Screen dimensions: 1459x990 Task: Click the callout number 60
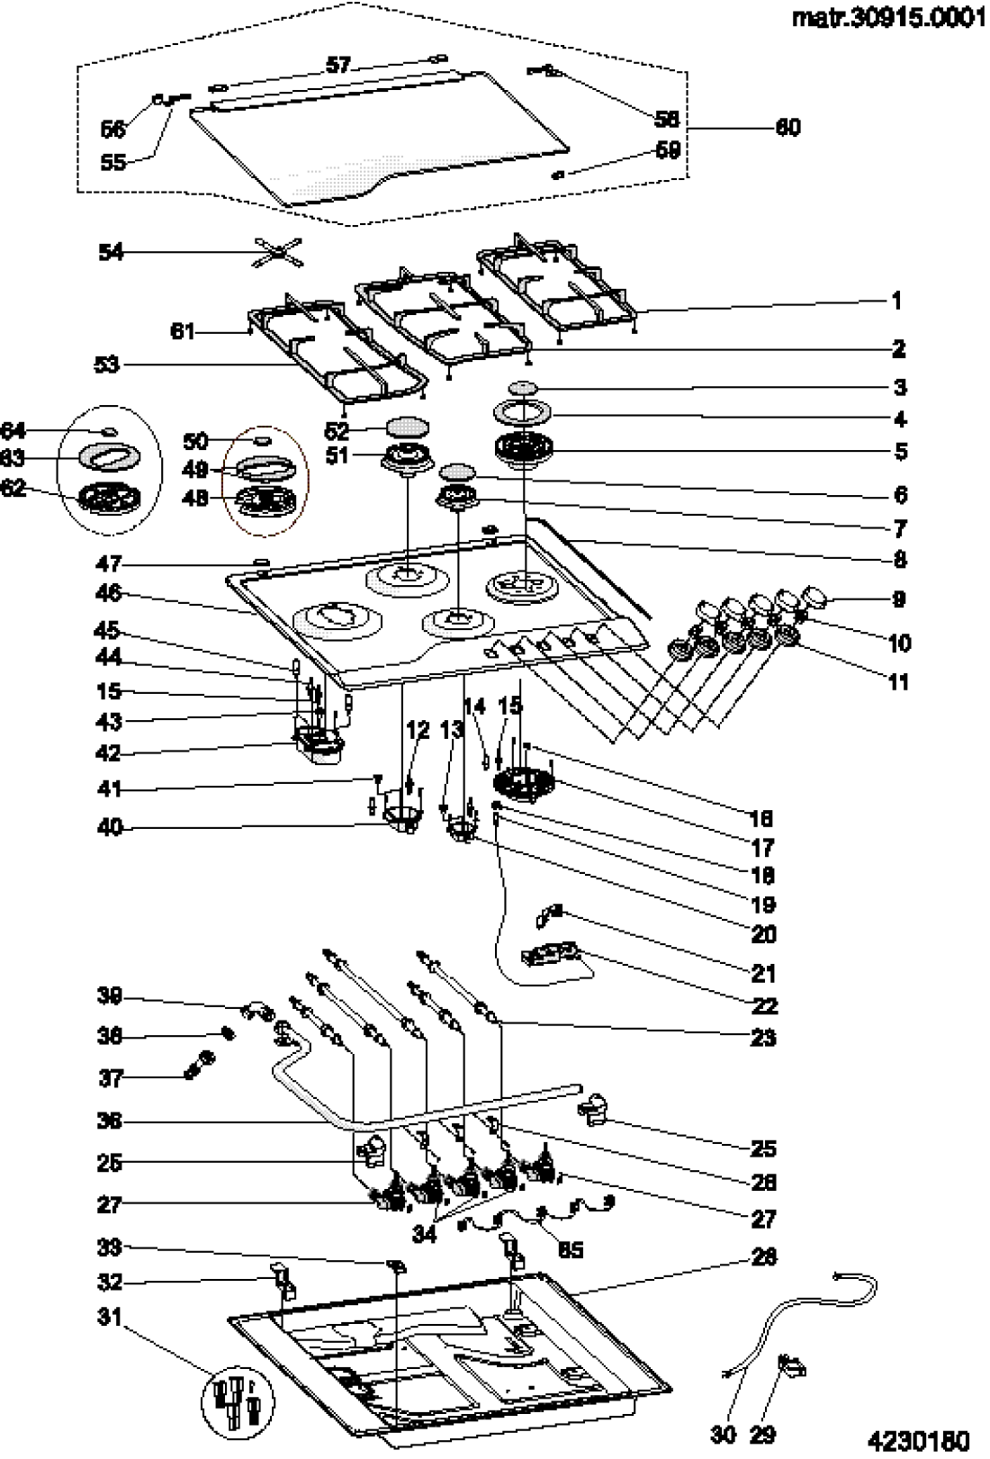(x=787, y=128)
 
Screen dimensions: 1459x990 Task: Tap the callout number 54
(x=111, y=253)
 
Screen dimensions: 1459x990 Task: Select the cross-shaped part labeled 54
(x=279, y=255)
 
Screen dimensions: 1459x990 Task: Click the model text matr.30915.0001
(x=884, y=19)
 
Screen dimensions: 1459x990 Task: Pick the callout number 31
(x=109, y=1317)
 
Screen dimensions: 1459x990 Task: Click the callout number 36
(x=109, y=1121)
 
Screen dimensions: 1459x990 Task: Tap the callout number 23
(x=762, y=1038)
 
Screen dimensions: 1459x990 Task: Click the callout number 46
(x=109, y=594)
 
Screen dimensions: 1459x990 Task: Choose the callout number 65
(x=571, y=1249)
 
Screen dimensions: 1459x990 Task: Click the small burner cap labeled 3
(x=521, y=387)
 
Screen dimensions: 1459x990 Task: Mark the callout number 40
(x=109, y=827)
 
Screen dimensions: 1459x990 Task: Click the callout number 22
(x=763, y=1006)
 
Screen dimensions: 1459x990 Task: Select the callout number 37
(x=109, y=1078)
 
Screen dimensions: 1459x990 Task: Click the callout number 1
(x=896, y=301)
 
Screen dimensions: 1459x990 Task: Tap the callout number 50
(x=195, y=441)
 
